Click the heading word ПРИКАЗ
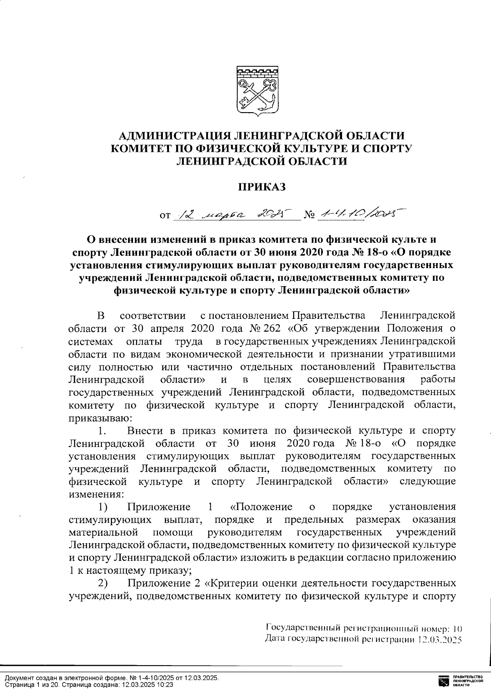tap(261, 187)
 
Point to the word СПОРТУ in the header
tap(383, 149)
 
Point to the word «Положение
tap(261, 507)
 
